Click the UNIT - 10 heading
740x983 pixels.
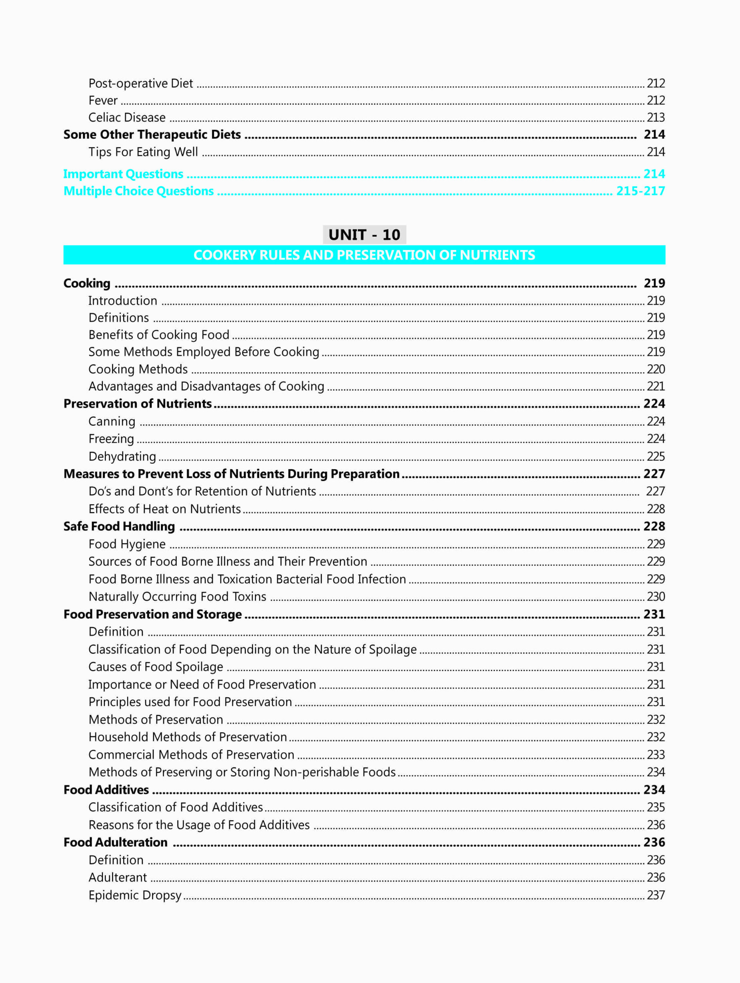(x=364, y=235)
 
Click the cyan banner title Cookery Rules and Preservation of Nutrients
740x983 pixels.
(x=364, y=255)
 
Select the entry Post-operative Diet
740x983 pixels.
(x=141, y=84)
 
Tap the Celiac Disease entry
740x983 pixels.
(x=127, y=117)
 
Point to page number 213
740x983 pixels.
(x=656, y=117)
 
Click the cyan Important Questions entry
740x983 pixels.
(x=123, y=174)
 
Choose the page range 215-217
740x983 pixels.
(x=640, y=191)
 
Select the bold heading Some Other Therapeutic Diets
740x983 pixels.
(x=152, y=135)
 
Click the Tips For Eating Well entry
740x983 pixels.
(x=143, y=152)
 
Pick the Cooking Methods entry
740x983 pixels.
(x=138, y=369)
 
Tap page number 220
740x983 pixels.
(x=656, y=369)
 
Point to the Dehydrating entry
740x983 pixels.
(x=122, y=457)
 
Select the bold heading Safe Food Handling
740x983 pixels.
(x=119, y=526)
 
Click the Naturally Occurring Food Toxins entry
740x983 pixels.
(x=177, y=596)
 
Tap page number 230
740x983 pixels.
(x=656, y=596)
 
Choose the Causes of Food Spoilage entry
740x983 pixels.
(x=156, y=667)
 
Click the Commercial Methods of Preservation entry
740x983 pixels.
(x=191, y=755)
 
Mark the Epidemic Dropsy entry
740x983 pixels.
(x=135, y=895)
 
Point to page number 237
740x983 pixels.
(x=656, y=895)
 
